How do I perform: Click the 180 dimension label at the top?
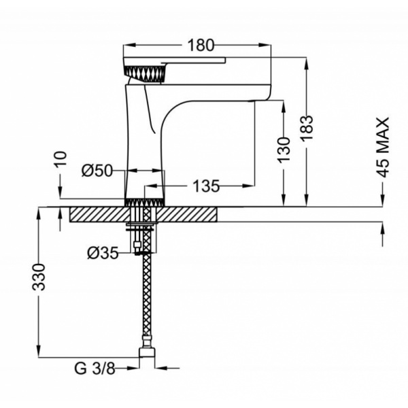point(201,46)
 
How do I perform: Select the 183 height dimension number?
point(307,129)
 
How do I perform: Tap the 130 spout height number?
point(283,150)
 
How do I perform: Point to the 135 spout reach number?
point(206,186)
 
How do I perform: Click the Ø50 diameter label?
point(97,171)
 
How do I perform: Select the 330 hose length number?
point(39,277)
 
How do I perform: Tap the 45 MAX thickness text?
point(383,148)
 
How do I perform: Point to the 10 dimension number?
point(61,158)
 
